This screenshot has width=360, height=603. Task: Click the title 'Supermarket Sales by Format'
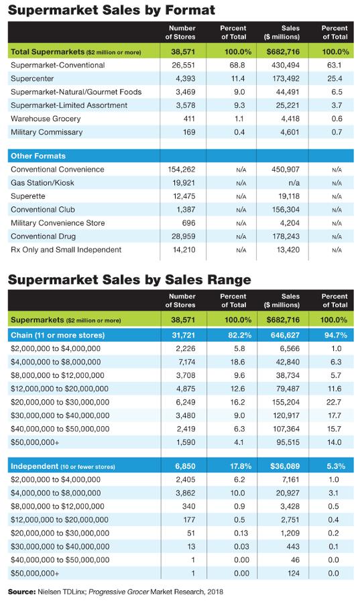coord(111,9)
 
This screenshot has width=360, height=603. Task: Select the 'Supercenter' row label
coord(32,78)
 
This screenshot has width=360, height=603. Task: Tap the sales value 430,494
coord(286,65)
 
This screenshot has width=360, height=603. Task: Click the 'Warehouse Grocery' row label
coord(46,119)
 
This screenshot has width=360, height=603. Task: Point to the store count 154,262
coord(182,170)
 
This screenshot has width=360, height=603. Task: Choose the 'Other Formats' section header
coord(38,155)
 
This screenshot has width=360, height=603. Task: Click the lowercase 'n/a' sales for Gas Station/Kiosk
coord(294,183)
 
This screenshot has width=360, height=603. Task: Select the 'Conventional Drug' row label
coord(43,236)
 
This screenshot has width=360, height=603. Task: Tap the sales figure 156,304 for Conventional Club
coord(286,210)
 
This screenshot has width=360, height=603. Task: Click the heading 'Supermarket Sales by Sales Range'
coord(129,279)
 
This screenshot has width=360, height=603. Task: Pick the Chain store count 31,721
coord(184,335)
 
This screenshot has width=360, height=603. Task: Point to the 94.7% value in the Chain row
coord(336,335)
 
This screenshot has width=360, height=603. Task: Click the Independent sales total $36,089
coord(285,466)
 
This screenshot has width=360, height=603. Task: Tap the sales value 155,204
coord(286,402)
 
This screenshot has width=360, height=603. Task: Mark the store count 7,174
coord(186,362)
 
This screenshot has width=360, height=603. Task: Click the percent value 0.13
coord(239,533)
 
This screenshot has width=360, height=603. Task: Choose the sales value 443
coord(293,547)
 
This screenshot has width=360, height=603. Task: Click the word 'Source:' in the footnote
coord(21,592)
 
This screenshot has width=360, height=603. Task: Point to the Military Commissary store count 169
coord(189,132)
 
